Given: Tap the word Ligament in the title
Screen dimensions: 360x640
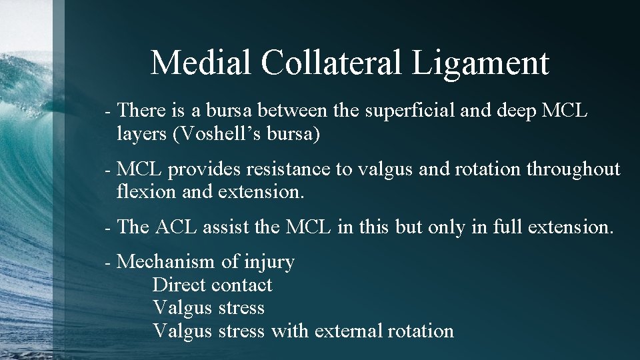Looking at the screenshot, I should [x=481, y=64].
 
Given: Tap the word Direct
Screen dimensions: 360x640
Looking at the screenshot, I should [x=179, y=285].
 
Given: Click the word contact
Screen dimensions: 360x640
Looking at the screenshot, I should [x=241, y=285].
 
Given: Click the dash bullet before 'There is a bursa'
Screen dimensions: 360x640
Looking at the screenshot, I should [x=108, y=111].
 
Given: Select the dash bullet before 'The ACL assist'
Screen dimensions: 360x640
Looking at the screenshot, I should [x=108, y=228].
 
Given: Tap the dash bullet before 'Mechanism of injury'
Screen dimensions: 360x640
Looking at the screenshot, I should [x=108, y=263].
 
